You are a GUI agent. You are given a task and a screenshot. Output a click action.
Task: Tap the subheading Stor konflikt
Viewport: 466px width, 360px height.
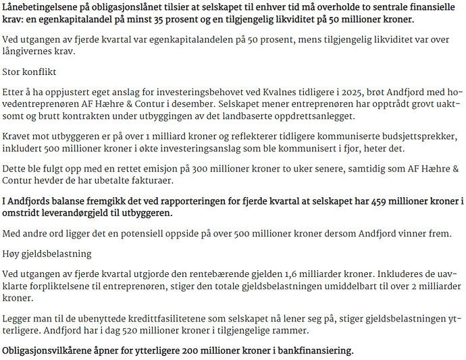click(x=29, y=71)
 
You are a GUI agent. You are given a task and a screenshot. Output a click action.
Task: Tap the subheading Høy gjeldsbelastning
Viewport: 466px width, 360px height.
click(x=47, y=253)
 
